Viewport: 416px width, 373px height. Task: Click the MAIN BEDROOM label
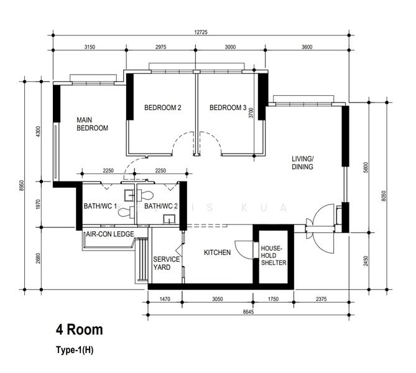point(92,124)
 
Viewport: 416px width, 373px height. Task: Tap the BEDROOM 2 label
point(163,108)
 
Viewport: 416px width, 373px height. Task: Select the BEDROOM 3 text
point(228,108)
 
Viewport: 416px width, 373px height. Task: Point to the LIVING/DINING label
point(303,163)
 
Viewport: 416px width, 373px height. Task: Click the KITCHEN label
point(217,252)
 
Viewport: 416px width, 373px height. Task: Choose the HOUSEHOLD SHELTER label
point(274,256)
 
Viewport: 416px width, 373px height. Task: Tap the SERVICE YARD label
point(166,263)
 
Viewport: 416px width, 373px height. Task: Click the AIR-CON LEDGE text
point(110,234)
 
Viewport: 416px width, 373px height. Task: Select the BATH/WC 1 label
point(100,206)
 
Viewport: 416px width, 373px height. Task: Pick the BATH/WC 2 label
point(161,206)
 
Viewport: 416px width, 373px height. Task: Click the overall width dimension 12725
point(201,32)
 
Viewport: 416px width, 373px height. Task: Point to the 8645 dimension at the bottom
point(248,312)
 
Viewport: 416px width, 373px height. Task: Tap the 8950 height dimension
point(22,186)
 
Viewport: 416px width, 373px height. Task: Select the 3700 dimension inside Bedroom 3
point(251,113)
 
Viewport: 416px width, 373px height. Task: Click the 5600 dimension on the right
point(366,167)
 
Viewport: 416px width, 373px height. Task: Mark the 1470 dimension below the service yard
point(165,299)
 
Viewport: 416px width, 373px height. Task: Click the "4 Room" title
point(80,329)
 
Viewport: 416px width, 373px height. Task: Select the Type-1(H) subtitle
point(75,350)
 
